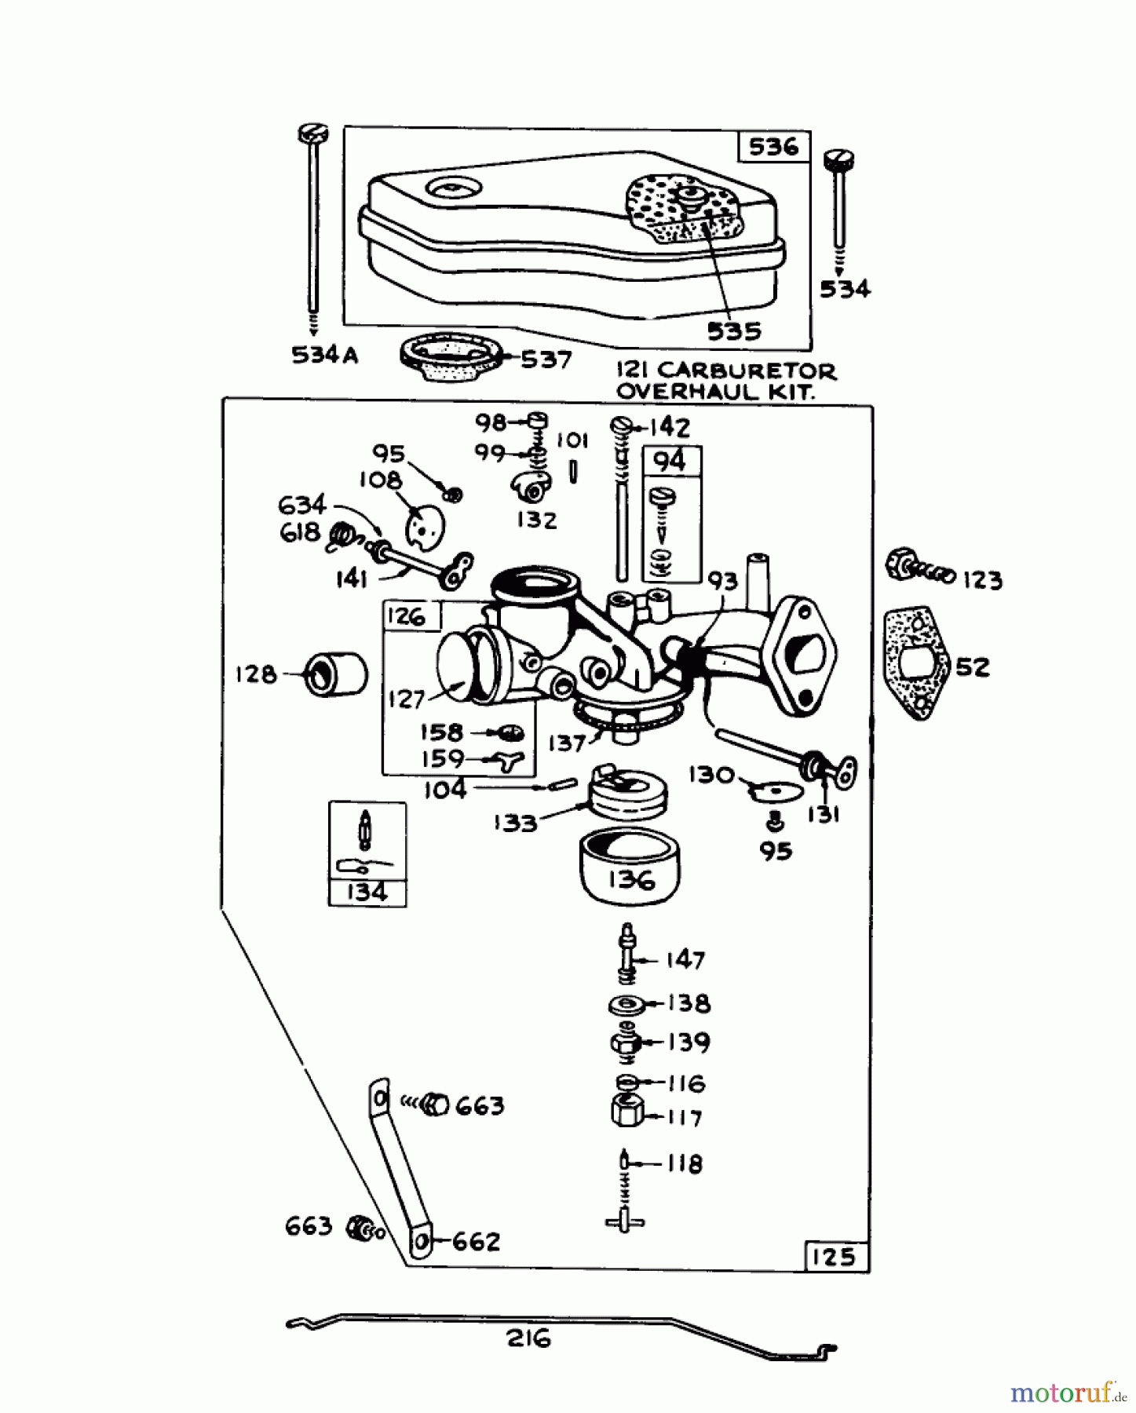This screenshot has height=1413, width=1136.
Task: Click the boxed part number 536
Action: pyautogui.click(x=773, y=147)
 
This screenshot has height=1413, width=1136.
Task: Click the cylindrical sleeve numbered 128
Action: pyautogui.click(x=335, y=674)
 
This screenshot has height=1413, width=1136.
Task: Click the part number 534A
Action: pyautogui.click(x=324, y=356)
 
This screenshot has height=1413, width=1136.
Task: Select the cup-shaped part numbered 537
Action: pyautogui.click(x=448, y=360)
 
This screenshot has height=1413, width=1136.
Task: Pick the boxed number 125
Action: pyautogui.click(x=833, y=1257)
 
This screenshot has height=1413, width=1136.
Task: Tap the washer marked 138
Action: pyautogui.click(x=626, y=1004)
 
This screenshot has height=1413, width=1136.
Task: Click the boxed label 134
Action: pyautogui.click(x=367, y=893)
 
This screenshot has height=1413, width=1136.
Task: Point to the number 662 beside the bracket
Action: pyautogui.click(x=476, y=1242)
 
